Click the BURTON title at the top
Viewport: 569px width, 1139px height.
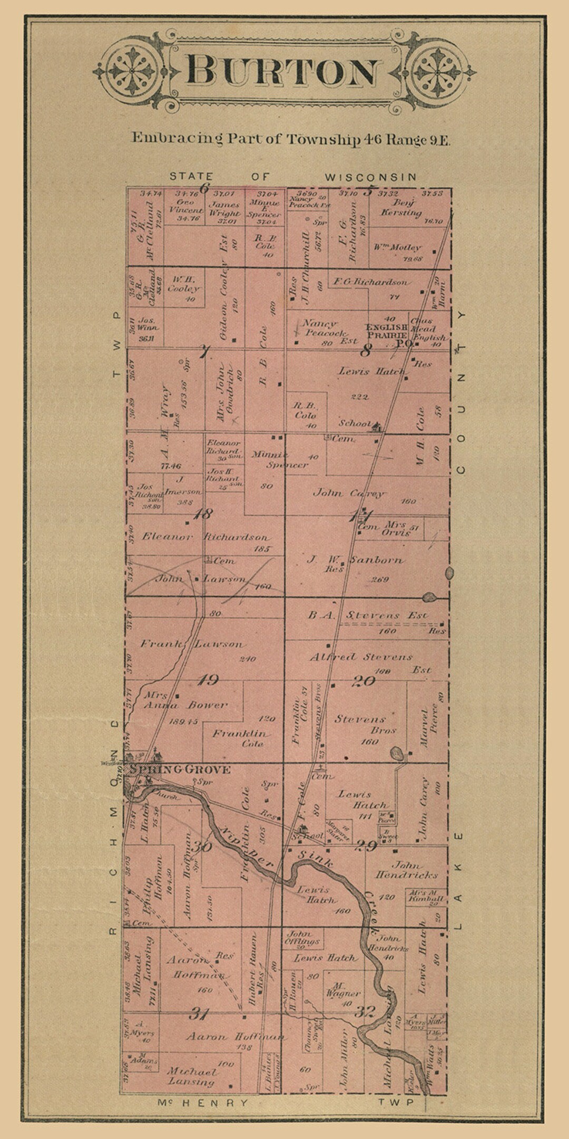tap(283, 72)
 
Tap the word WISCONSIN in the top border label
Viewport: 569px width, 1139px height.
tap(370, 177)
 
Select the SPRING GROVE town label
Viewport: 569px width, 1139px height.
tap(180, 770)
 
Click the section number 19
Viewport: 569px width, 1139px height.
tap(208, 680)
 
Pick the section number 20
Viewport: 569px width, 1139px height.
tap(364, 681)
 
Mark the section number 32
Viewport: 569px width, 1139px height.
tap(364, 1012)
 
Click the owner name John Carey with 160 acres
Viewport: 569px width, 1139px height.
tap(349, 494)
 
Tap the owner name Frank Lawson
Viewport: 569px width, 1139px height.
tap(192, 644)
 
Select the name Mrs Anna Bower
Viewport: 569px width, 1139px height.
tap(185, 700)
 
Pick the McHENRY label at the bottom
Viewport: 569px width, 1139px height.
tap(203, 1103)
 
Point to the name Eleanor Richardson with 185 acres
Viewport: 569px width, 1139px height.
tap(205, 537)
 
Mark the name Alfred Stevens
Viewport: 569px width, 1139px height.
tap(361, 657)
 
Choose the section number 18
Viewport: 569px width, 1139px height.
tap(203, 513)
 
